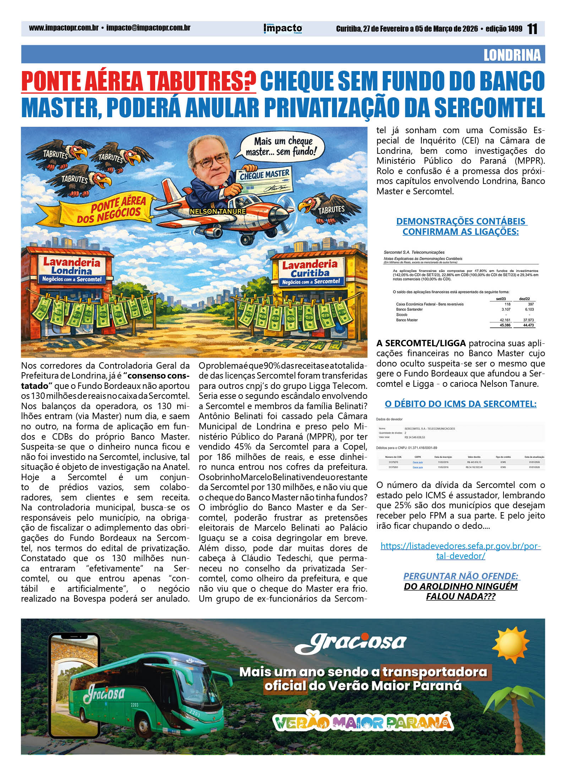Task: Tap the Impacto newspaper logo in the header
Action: tap(283, 28)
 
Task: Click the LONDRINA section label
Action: tap(512, 55)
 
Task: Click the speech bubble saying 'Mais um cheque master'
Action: tap(280, 146)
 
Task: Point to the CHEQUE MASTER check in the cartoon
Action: tap(265, 180)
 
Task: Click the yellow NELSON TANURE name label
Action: tap(217, 211)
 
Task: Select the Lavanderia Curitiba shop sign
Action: tap(310, 272)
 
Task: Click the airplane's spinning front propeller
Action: tap(286, 215)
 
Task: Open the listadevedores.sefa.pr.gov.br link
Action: tap(460, 551)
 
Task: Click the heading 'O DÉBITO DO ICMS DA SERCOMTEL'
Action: tap(460, 404)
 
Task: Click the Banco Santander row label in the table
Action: tap(409, 309)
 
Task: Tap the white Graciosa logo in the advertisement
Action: tap(350, 643)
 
